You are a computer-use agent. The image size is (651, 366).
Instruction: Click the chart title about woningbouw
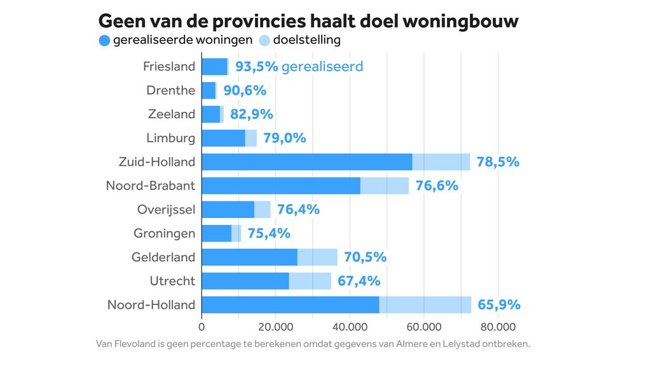click(308, 21)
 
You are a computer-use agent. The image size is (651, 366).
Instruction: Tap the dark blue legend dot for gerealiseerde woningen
click(105, 41)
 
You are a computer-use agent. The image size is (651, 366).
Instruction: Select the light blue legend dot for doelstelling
click(264, 41)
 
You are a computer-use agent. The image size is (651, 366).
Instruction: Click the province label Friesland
click(168, 66)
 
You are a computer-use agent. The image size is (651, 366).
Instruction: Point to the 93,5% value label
click(256, 66)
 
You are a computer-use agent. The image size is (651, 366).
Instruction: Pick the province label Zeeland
click(171, 114)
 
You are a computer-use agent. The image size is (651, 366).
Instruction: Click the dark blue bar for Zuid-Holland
click(306, 161)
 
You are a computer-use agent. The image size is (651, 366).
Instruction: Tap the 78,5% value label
click(498, 161)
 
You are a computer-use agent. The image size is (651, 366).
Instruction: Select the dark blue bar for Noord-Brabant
click(280, 186)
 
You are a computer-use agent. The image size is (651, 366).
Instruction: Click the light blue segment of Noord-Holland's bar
click(425, 304)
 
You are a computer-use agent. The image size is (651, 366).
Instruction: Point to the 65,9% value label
click(499, 304)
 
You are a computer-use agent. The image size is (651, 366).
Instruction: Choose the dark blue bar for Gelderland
click(249, 257)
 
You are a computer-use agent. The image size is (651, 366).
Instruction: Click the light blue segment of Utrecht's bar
click(310, 281)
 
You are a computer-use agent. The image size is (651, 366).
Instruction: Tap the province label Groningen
click(164, 233)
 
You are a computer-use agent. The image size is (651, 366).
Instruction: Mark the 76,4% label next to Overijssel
click(298, 209)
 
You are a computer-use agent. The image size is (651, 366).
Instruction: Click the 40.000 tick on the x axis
click(350, 327)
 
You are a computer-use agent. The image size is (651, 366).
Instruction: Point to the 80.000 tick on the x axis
click(498, 327)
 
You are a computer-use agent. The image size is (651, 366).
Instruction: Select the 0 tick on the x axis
click(202, 327)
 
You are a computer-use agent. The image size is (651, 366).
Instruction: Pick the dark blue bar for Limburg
click(223, 138)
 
